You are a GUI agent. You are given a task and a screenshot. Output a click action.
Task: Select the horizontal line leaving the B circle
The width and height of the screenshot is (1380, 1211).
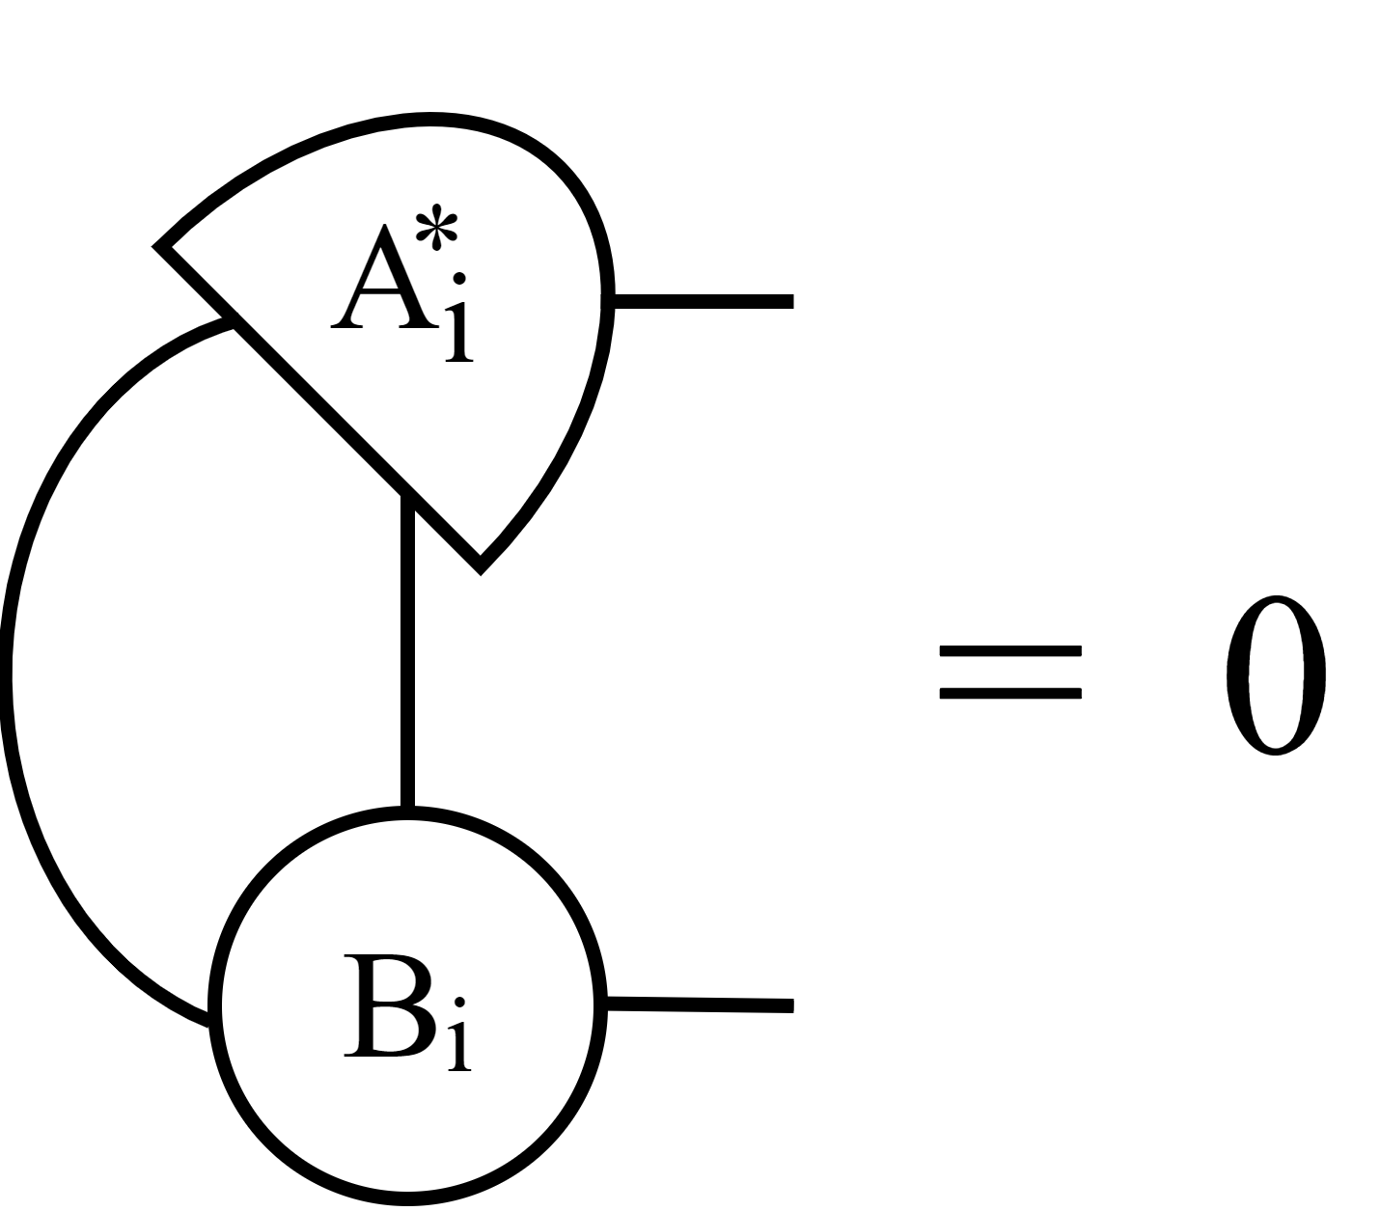coord(699,1005)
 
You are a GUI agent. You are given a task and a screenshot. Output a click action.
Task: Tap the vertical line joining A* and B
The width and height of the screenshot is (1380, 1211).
coord(407,656)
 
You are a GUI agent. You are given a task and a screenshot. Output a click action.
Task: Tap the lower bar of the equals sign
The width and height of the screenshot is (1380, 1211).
coord(1009,693)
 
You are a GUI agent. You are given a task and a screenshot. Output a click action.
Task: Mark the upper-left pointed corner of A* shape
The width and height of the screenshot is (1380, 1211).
coord(160,247)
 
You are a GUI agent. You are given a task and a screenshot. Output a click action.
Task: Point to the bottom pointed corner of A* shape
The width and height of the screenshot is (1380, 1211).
coord(480,567)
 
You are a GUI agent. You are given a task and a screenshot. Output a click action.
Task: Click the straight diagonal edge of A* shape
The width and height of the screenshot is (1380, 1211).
coord(318,405)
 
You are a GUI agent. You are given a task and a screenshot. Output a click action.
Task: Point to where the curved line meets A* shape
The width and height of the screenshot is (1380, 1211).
coord(230,322)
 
